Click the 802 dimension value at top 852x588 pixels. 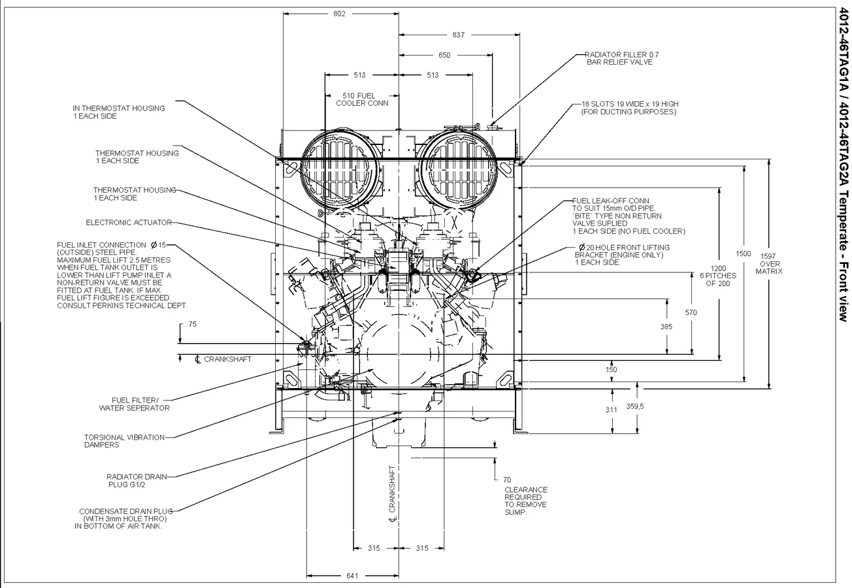coord(339,14)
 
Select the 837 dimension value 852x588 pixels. coord(458,35)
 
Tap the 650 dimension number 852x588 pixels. coord(444,55)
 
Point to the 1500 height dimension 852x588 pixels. coord(744,253)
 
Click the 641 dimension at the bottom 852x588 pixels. coord(352,576)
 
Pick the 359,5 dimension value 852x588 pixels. coord(635,406)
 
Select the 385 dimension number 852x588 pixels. coord(666,327)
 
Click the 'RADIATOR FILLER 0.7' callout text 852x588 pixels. coord(622,55)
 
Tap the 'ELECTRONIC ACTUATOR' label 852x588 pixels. coord(129,223)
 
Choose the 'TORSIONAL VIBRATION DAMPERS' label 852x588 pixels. coord(124,441)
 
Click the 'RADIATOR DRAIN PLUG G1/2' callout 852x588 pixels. coord(137,481)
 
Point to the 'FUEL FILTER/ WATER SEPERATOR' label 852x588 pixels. coord(134,404)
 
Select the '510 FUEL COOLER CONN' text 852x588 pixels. coord(362,100)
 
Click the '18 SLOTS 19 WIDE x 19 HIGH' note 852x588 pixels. coord(630,104)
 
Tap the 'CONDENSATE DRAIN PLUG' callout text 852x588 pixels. coord(126,511)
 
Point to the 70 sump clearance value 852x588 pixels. coord(507,480)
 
